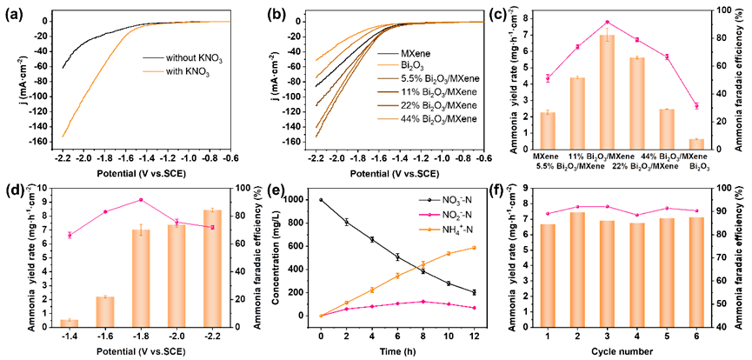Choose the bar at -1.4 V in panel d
[69, 323]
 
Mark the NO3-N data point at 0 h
[321, 200]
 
